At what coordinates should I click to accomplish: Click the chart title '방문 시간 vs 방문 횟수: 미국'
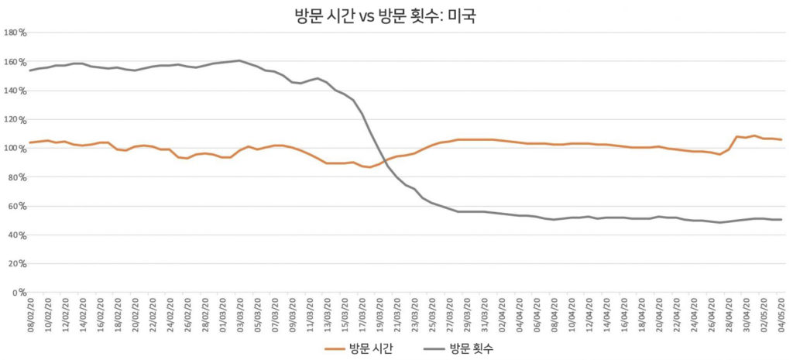[x=396, y=15]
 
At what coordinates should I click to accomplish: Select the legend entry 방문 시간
[x=370, y=348]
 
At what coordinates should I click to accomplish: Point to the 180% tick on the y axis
[x=15, y=33]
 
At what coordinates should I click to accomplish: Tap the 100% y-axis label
[x=15, y=149]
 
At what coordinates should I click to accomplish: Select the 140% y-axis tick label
[x=15, y=91]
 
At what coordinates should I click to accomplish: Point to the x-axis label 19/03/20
[x=379, y=315]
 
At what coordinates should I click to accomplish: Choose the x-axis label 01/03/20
[x=221, y=315]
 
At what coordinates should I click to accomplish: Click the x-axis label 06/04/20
[x=536, y=315]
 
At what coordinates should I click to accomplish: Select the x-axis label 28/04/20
[x=728, y=315]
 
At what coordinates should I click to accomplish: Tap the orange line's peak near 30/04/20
[x=754, y=135]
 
